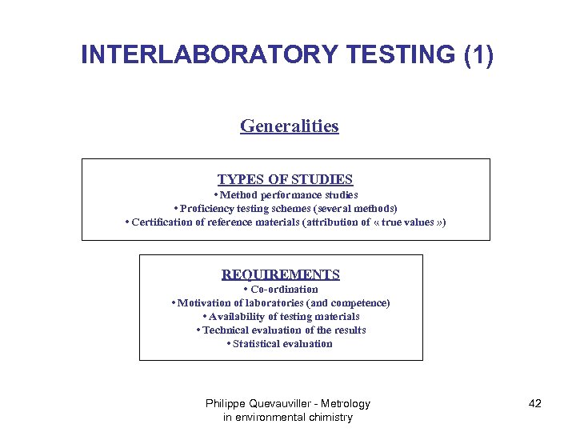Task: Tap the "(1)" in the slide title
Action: [x=478, y=54]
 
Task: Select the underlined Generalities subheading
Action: [x=289, y=126]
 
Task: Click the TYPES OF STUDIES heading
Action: [x=285, y=180]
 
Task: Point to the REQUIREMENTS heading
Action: [x=280, y=274]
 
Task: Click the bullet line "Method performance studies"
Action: [x=286, y=195]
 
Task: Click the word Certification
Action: [x=162, y=222]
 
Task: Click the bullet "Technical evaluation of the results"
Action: [x=281, y=330]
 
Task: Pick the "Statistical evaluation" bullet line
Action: [x=280, y=343]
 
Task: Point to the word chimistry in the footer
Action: [x=328, y=418]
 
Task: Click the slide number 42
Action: [x=535, y=404]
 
